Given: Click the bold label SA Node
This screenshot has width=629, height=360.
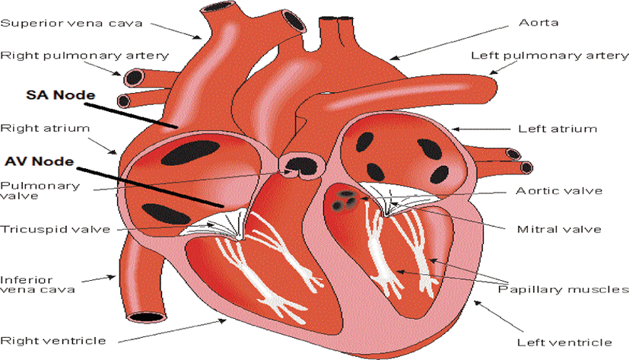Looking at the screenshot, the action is [61, 95].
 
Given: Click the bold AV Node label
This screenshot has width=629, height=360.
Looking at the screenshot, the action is [40, 161].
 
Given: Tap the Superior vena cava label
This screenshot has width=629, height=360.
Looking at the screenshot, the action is [71, 23].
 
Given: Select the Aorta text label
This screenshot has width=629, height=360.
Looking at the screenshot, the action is [538, 23].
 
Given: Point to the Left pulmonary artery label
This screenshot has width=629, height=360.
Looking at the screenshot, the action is [550, 56].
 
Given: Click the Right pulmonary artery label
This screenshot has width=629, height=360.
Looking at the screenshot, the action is [84, 56].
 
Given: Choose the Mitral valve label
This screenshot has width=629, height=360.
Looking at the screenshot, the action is [559, 230].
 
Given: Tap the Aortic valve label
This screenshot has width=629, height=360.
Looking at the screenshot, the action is [559, 190].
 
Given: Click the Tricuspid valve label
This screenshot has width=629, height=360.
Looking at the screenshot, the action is [56, 230].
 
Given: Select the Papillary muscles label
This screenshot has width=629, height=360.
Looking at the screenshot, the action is [564, 290].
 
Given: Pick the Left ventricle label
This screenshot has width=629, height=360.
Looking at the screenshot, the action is [564, 342].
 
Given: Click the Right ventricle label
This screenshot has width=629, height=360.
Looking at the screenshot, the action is [53, 341].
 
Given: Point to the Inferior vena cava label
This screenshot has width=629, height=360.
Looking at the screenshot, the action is [38, 285].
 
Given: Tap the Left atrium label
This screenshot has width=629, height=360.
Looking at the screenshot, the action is [558, 129].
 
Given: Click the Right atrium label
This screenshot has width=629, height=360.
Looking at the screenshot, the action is [45, 129].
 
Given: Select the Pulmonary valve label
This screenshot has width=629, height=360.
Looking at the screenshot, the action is [40, 190].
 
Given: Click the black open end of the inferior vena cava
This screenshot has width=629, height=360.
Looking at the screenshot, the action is [147, 317].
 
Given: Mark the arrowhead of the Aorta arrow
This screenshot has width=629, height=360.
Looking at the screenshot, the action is [394, 58].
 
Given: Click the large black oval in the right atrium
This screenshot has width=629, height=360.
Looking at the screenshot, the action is [189, 153].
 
